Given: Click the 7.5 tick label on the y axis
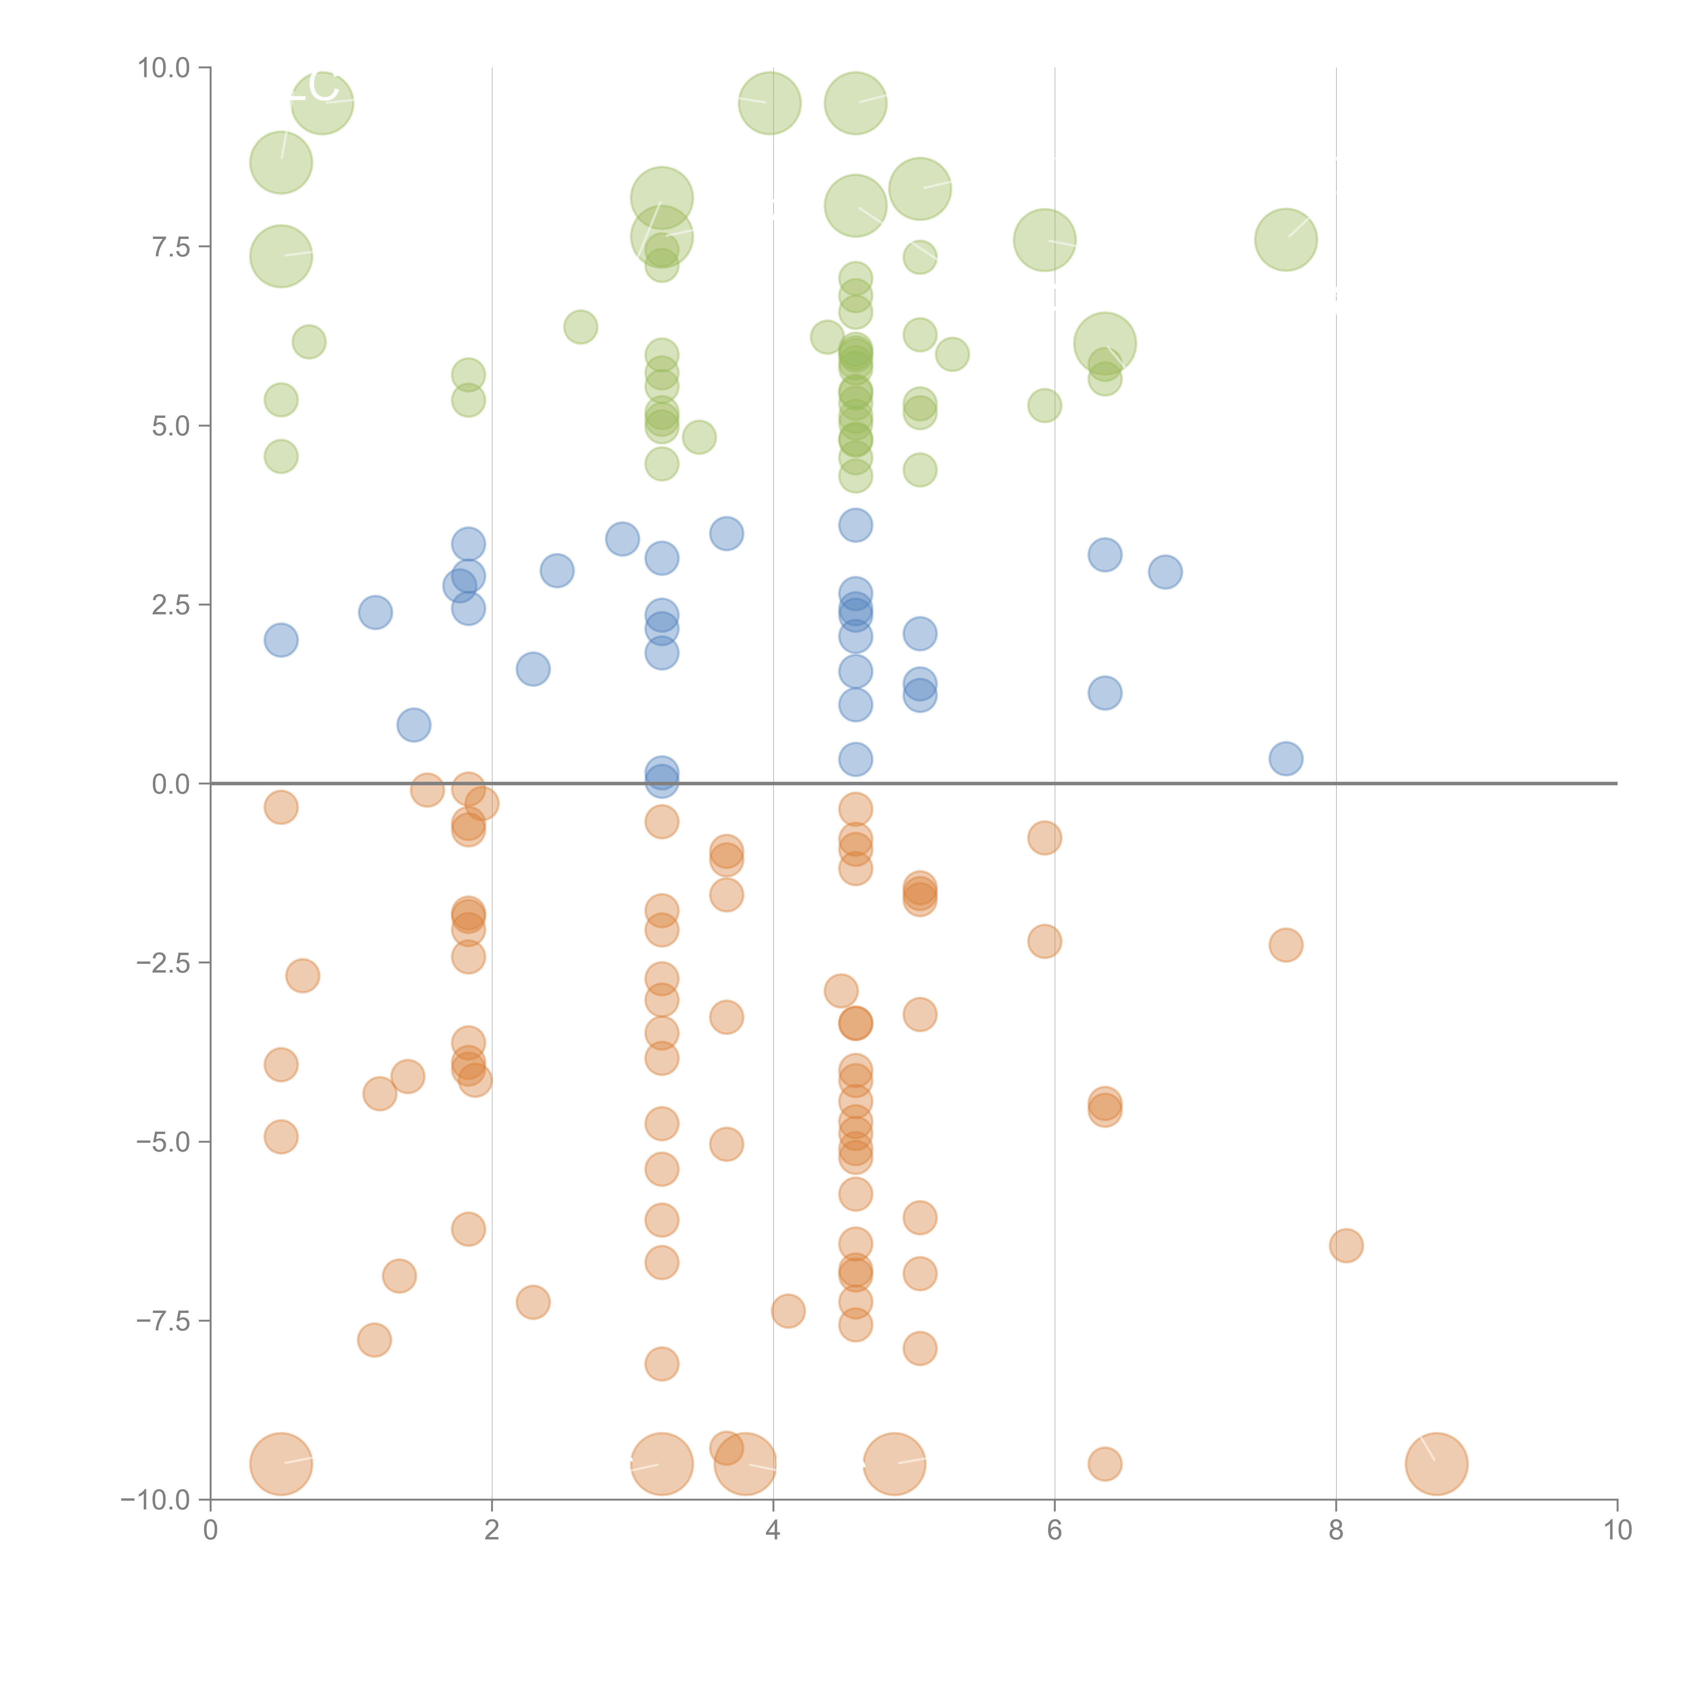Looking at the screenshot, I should (x=170, y=247).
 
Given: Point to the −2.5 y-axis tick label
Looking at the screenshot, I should (x=163, y=963).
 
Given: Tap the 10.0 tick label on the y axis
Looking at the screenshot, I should (x=163, y=68).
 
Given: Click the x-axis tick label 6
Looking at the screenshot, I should (x=1054, y=1531).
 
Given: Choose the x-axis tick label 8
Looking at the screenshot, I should (x=1336, y=1531).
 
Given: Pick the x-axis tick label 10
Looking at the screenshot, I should (x=1617, y=1531).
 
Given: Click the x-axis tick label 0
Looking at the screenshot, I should (x=210, y=1531).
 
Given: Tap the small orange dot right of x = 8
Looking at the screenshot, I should (x=1346, y=1246).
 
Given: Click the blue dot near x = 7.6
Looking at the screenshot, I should (x=1286, y=759).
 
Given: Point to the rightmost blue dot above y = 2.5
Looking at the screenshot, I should (x=1165, y=572).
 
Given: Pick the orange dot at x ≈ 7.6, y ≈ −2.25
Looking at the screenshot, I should (x=1286, y=945).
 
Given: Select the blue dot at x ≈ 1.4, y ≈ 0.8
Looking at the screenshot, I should (x=413, y=725).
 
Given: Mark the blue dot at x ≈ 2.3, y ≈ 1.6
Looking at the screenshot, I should (x=533, y=669).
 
